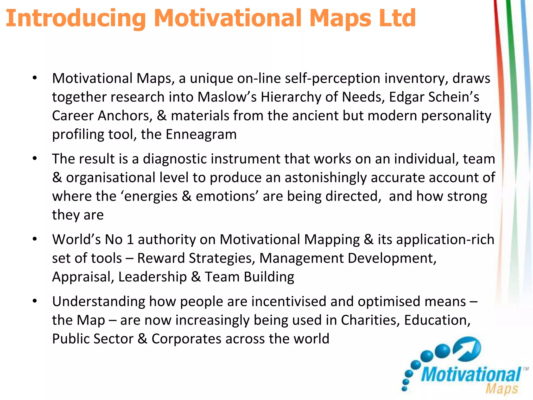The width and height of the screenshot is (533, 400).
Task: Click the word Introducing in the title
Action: tap(75, 18)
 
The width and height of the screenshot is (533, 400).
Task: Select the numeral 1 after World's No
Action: tap(130, 239)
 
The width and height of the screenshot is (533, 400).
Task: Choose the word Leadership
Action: tap(153, 277)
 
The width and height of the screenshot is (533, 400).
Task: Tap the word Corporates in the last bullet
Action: tap(186, 339)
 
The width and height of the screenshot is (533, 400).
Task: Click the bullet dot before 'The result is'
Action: tap(35, 159)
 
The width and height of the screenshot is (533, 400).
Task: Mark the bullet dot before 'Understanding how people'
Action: tap(35, 301)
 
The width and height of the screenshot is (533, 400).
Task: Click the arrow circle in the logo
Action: tap(467, 349)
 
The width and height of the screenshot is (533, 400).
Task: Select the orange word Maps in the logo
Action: tap(502, 389)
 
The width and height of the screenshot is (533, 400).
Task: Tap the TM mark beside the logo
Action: tap(526, 369)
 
